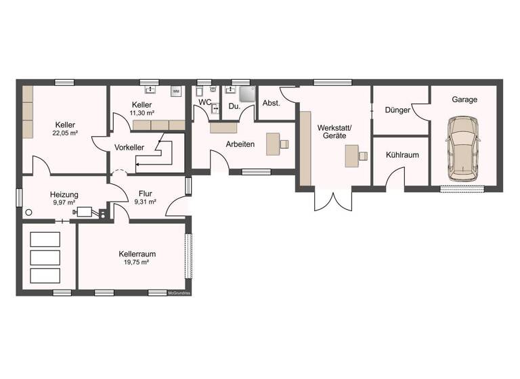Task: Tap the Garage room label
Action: pos(464,99)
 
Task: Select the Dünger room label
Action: pos(397,110)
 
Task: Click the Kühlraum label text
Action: pos(402,155)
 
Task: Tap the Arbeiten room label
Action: pos(240,144)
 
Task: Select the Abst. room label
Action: pos(272,103)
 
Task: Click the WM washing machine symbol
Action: pos(176,91)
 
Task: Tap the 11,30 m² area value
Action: pos(142,113)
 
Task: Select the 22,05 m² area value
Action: pos(65,133)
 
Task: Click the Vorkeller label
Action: pos(129,147)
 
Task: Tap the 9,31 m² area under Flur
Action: pos(145,201)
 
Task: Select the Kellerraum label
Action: pos(132,254)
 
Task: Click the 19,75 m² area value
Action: pos(132,262)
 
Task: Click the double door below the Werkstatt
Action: pos(333,200)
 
